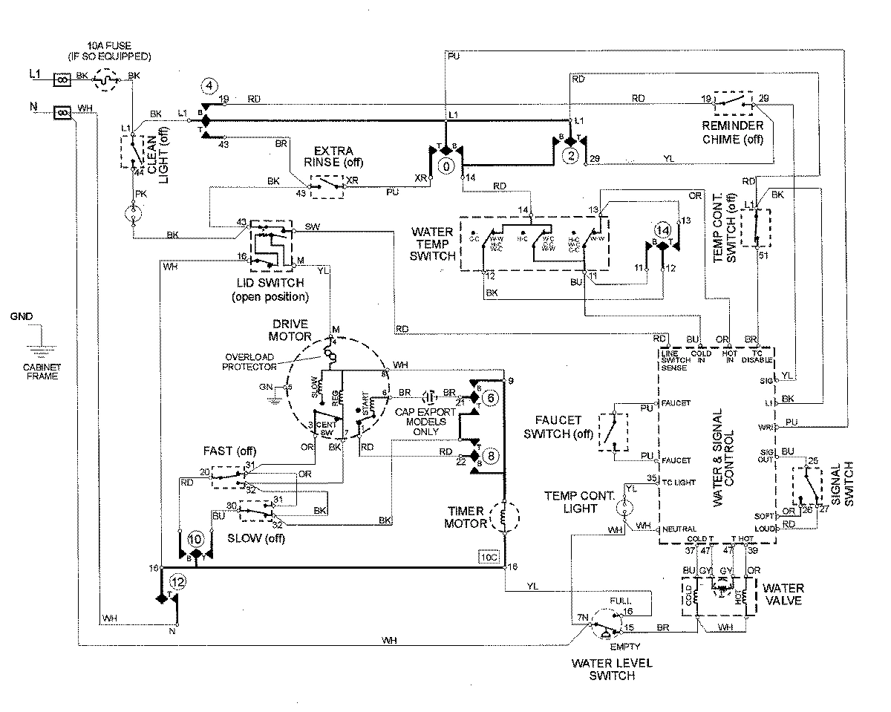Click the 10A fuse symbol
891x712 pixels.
pyautogui.click(x=109, y=76)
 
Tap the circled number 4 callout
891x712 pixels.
pyautogui.click(x=210, y=87)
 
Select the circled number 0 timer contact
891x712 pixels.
pyautogui.click(x=446, y=167)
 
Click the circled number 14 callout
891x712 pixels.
pyautogui.click(x=662, y=229)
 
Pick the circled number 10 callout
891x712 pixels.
pyautogui.click(x=195, y=539)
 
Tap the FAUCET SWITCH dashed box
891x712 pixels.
pyautogui.click(x=615, y=428)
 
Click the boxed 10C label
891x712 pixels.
pyautogui.click(x=488, y=556)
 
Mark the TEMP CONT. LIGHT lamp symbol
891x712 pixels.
pyautogui.click(x=626, y=506)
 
